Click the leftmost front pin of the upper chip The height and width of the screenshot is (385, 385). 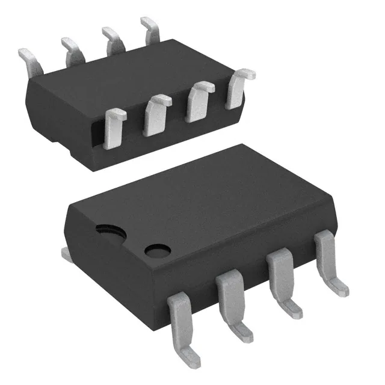click(114, 128)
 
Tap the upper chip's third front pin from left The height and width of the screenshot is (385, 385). click(199, 101)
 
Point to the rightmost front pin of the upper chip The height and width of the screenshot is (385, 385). click(239, 88)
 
